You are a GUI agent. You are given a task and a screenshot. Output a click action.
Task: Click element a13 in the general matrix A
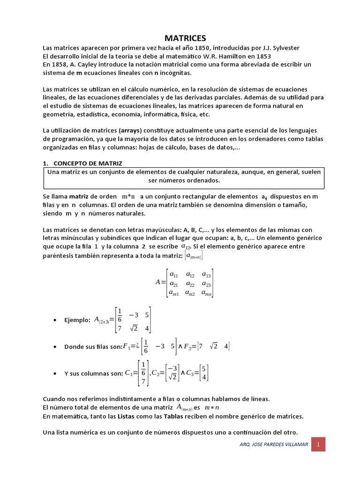click(x=206, y=275)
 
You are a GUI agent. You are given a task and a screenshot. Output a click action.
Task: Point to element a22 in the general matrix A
click(x=190, y=284)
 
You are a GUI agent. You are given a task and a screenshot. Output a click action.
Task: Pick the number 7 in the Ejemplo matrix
click(x=120, y=328)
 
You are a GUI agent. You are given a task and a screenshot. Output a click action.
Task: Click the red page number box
click(x=318, y=444)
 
